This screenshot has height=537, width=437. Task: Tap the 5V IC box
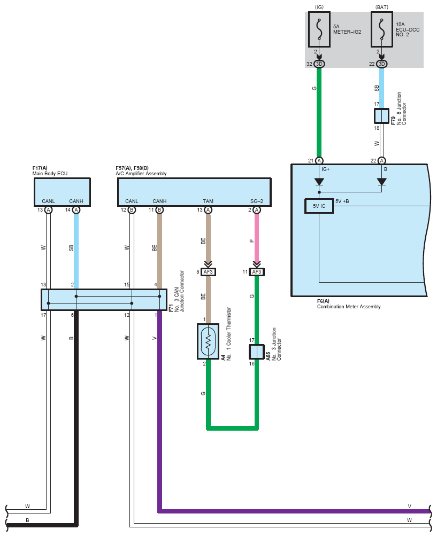coord(319,206)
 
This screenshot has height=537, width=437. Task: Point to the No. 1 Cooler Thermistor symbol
coord(208,341)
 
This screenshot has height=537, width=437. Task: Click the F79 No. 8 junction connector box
coord(381,116)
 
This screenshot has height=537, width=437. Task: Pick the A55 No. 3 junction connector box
coord(257,352)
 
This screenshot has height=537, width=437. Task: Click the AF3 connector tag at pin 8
coord(209,272)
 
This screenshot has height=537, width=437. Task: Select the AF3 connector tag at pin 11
coord(257,272)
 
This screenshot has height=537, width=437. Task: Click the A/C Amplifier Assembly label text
coord(141,174)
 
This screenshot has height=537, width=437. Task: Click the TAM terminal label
coord(208,201)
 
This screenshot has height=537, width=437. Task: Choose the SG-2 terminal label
coord(257,201)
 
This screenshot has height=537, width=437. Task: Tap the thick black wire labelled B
coord(76,417)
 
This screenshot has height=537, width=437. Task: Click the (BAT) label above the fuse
coord(381,7)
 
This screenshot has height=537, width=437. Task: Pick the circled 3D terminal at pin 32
coord(319,64)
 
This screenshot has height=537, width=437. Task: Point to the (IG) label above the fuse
coord(319,7)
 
